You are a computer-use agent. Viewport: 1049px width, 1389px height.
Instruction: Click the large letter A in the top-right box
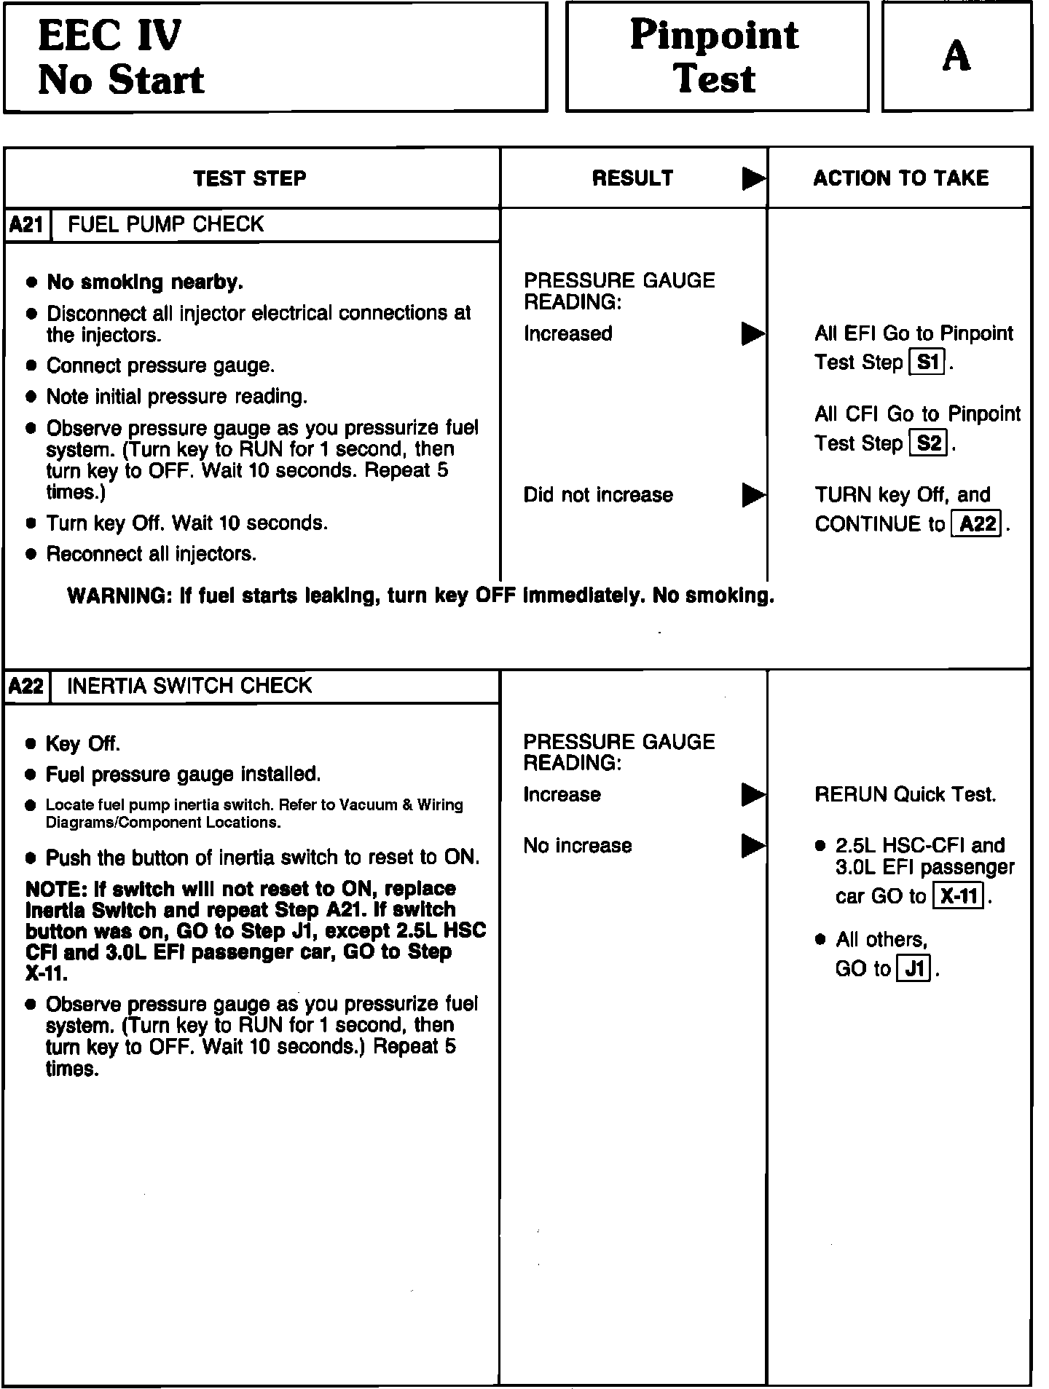(x=956, y=56)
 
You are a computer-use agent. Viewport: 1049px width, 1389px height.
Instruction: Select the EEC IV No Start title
(x=120, y=58)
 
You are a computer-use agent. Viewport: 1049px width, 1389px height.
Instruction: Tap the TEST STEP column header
(x=250, y=178)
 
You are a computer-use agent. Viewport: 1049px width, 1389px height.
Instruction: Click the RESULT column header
(x=632, y=178)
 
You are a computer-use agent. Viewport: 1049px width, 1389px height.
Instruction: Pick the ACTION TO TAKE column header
(x=900, y=178)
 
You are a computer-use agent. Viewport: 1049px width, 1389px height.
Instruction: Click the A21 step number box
(x=27, y=225)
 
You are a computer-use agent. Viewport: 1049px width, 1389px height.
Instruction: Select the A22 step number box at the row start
(x=27, y=686)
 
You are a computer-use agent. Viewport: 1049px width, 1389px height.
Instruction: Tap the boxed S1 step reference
(x=927, y=363)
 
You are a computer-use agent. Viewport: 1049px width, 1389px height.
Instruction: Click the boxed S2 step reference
(x=929, y=443)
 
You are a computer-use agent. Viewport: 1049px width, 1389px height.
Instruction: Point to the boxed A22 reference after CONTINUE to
(x=978, y=524)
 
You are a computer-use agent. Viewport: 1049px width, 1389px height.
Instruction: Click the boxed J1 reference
(x=914, y=969)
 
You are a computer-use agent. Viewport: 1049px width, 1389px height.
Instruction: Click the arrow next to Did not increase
(x=753, y=495)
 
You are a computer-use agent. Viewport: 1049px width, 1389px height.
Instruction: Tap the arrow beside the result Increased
(x=753, y=333)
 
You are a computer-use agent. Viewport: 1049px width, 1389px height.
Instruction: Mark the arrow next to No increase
(x=753, y=846)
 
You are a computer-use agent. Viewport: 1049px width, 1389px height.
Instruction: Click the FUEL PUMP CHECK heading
(x=165, y=224)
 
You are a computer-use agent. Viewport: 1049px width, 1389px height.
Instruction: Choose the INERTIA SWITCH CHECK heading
(x=189, y=686)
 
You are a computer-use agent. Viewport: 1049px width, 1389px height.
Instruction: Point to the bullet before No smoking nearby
(x=31, y=282)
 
